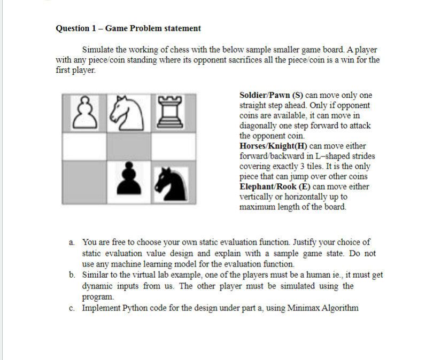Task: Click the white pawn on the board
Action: point(83,112)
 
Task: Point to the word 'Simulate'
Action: point(98,50)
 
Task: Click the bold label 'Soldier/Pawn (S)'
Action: point(270,96)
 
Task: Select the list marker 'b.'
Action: point(72,275)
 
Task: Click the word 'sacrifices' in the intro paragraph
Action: point(261,60)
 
